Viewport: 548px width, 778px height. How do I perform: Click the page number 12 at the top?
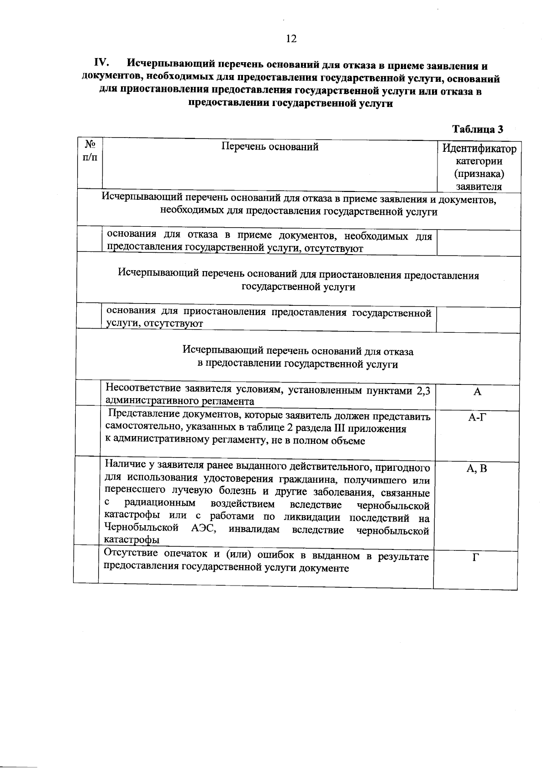coord(291,39)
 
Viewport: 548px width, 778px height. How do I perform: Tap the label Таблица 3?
coord(477,129)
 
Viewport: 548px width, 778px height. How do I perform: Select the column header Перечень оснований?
coord(270,147)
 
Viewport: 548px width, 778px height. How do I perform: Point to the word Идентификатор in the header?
coord(479,149)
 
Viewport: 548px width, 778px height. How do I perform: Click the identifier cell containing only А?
coord(477,392)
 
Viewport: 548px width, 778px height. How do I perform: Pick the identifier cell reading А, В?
coord(477,469)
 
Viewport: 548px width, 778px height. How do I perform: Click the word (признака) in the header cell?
coord(479,174)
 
